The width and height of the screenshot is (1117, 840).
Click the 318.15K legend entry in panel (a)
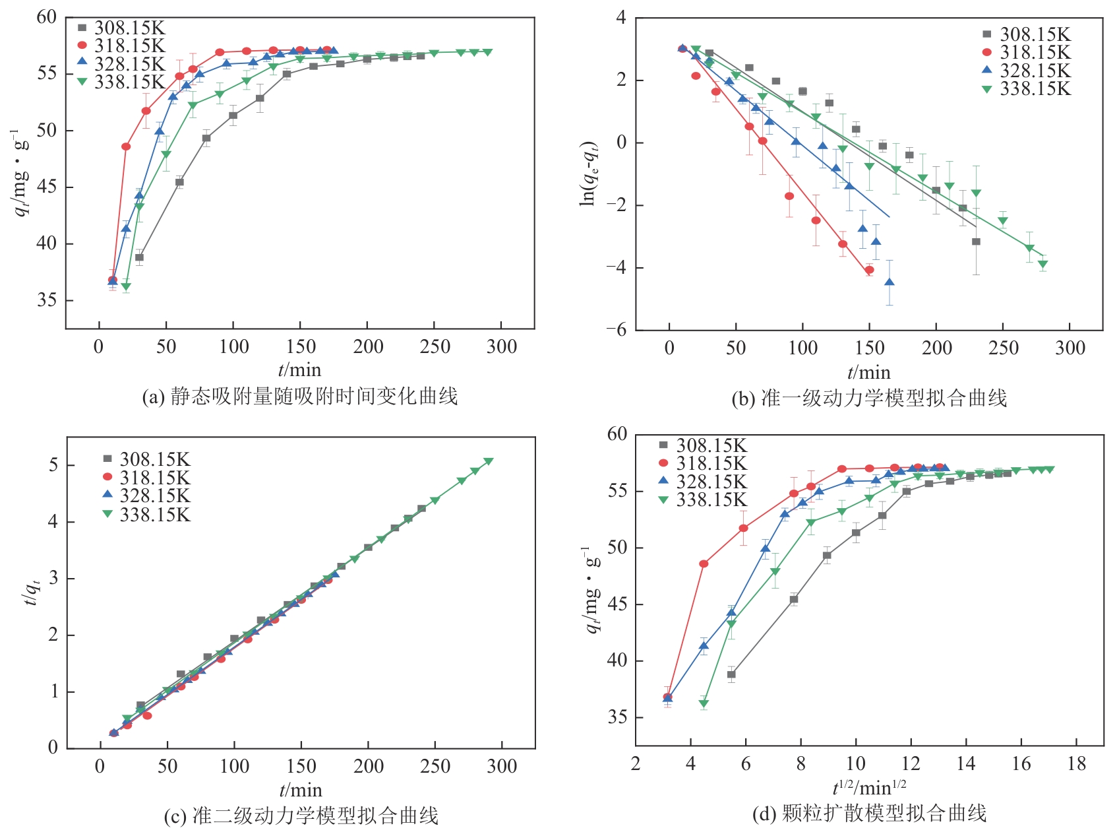click(121, 46)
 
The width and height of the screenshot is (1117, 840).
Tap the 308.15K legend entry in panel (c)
click(146, 459)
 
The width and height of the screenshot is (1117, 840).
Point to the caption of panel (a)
click(299, 397)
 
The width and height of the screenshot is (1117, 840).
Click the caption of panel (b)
click(869, 398)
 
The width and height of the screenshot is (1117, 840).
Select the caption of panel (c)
click(301, 816)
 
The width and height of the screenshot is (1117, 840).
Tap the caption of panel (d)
click(869, 813)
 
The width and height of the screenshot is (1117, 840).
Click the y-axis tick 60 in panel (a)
click(47, 17)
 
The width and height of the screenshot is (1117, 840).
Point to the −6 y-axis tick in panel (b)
click(617, 330)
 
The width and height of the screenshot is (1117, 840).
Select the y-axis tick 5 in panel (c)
click(53, 465)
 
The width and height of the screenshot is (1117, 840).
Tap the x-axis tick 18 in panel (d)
click(1076, 764)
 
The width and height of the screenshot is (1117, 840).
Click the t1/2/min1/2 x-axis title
click(869, 787)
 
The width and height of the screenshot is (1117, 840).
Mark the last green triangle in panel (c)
click(489, 461)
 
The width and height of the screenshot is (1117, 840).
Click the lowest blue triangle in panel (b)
click(890, 282)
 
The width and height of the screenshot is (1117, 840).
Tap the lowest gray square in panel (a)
click(139, 258)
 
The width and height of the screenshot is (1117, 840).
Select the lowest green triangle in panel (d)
click(704, 704)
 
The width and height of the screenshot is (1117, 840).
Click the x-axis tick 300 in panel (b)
click(1070, 348)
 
